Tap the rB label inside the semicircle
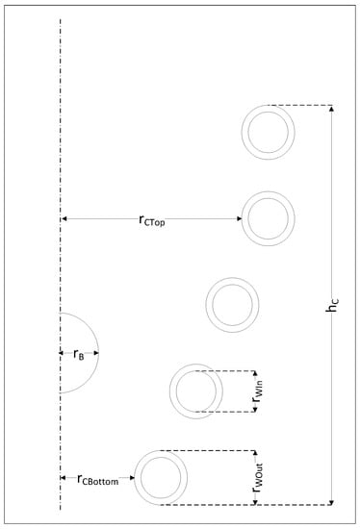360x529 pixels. tap(79, 354)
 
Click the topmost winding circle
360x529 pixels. tap(268, 131)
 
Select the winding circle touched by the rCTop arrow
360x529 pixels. tap(268, 219)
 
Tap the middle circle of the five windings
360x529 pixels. tap(232, 305)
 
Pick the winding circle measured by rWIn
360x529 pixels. tap(196, 390)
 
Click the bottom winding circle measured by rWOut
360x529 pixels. tap(161, 477)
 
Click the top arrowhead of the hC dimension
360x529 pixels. tap(333, 109)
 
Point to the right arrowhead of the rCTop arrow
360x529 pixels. tap(238, 220)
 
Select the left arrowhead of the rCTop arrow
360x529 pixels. tap(64, 220)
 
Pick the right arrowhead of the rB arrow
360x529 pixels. tap(96, 354)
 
